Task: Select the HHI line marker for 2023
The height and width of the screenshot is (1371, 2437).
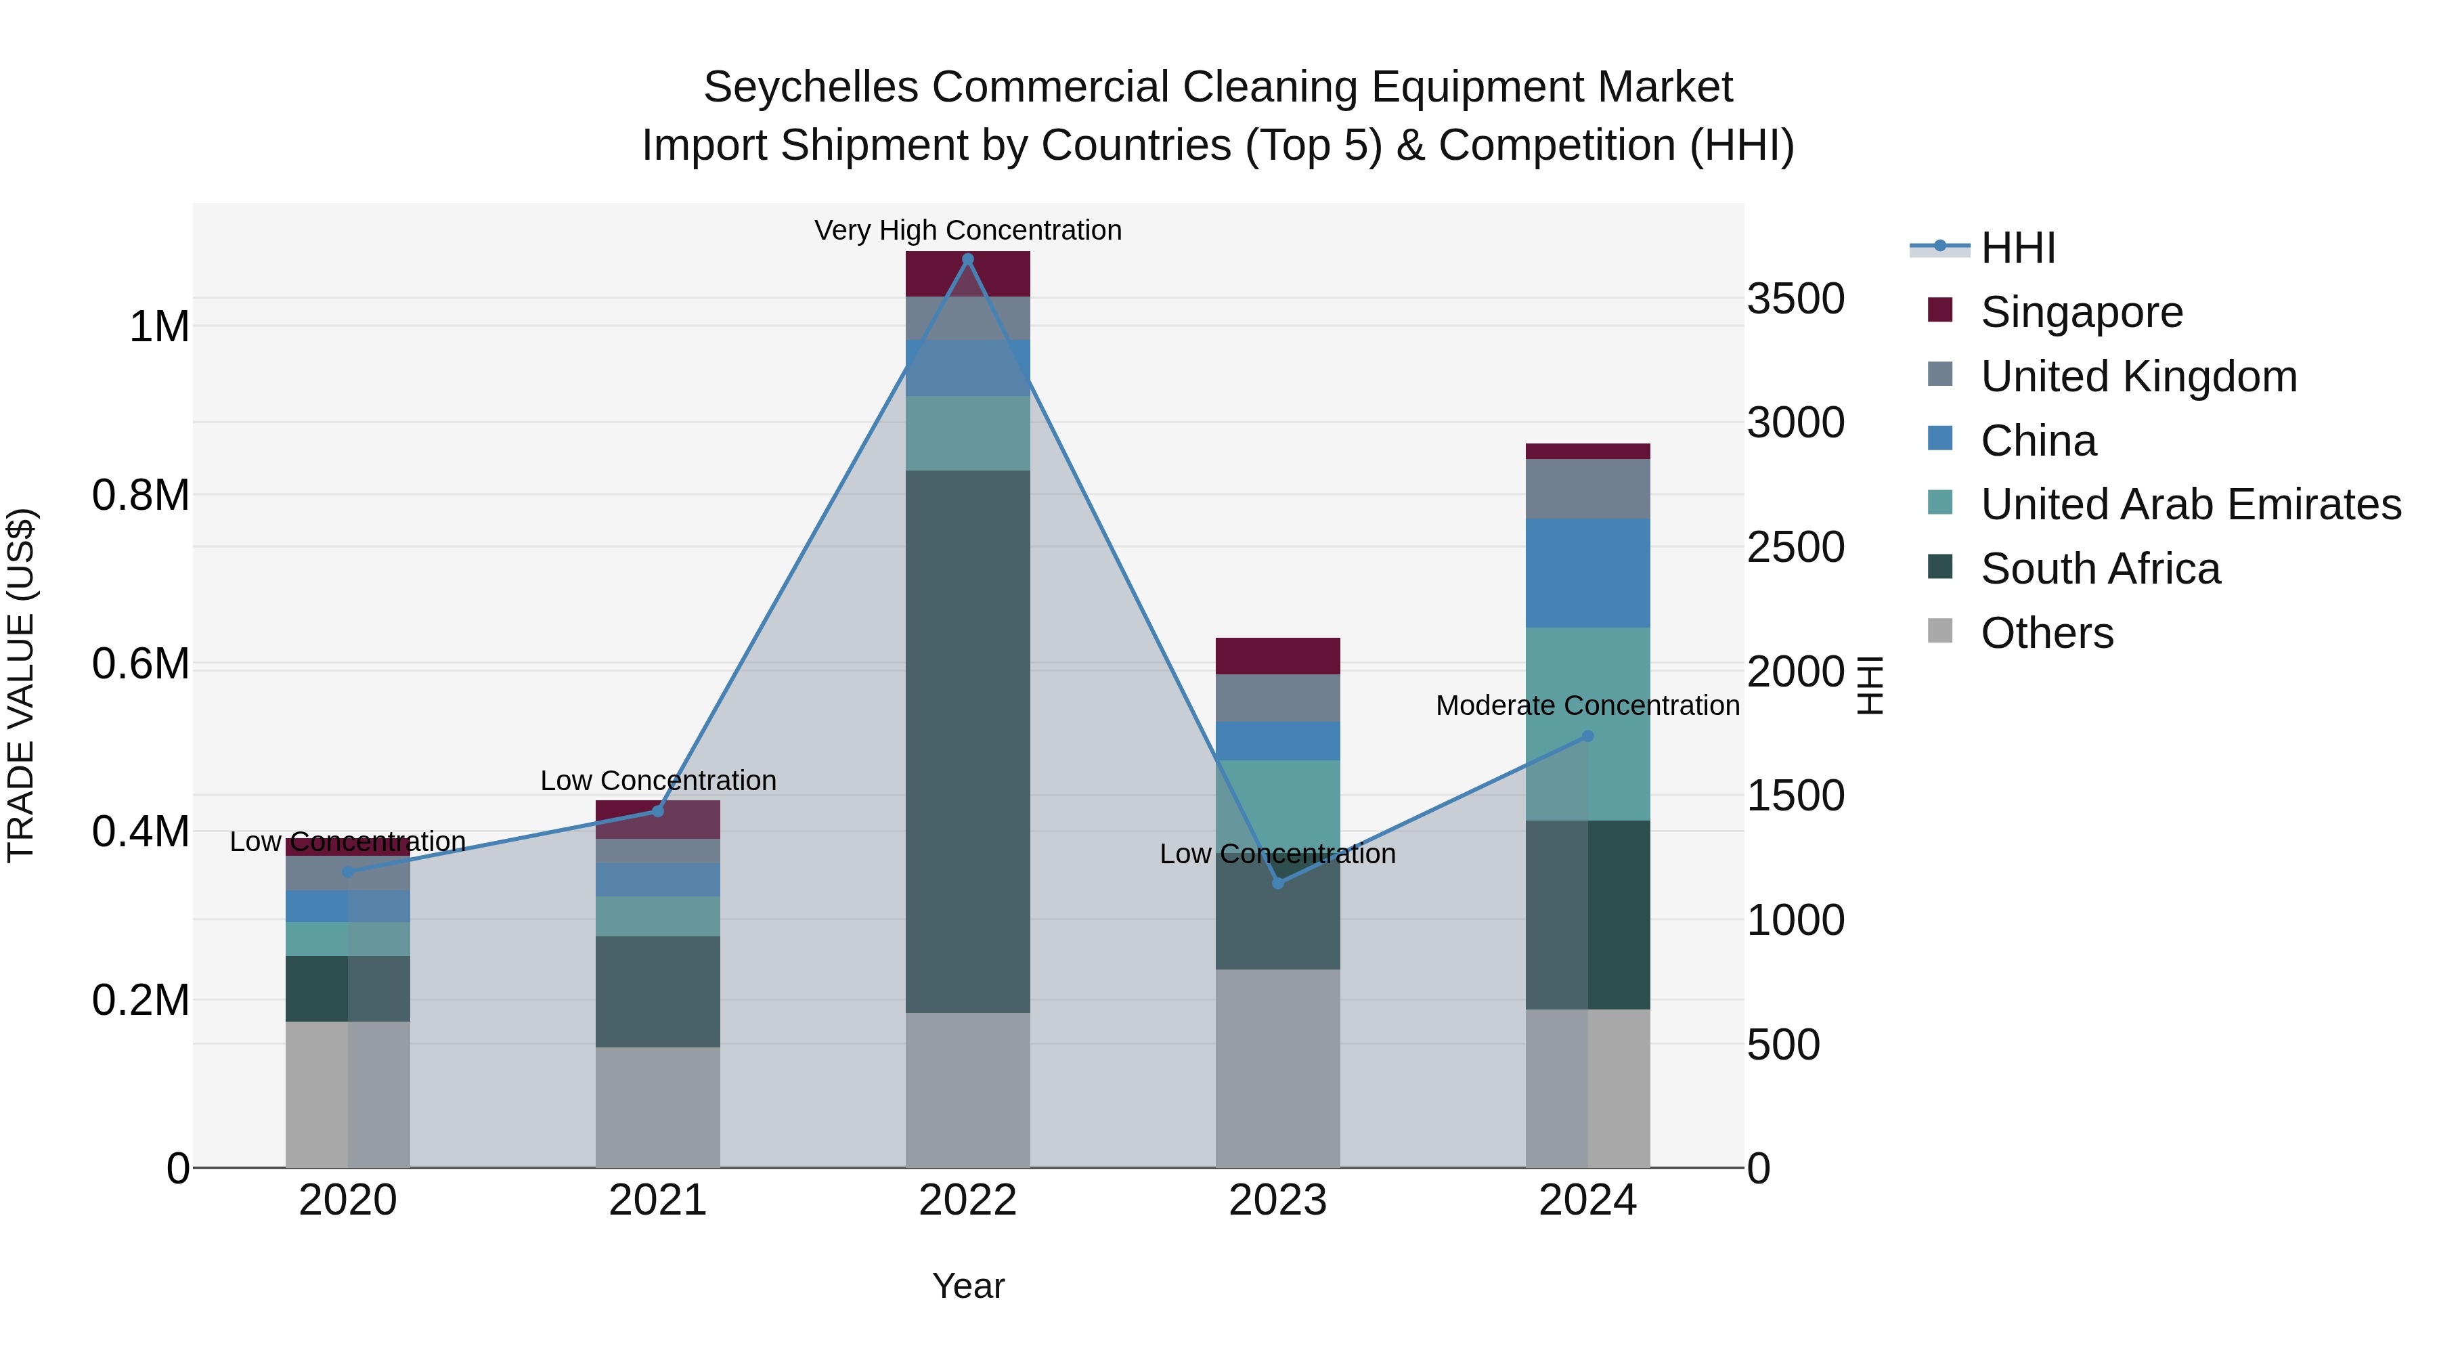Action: pos(1277,883)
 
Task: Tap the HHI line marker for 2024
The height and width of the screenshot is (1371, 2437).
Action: pos(1587,736)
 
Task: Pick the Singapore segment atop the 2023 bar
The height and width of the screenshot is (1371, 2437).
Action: pos(1277,655)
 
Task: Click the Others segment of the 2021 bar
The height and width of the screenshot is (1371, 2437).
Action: pos(657,1106)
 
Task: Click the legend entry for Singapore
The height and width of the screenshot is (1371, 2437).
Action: pos(2082,312)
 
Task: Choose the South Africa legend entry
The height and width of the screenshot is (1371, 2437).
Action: pos(2099,569)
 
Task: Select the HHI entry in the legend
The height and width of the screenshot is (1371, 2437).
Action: pos(2017,248)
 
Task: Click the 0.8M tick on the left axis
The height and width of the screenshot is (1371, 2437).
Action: pos(141,496)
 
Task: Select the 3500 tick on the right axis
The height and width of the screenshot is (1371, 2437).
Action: pos(1795,299)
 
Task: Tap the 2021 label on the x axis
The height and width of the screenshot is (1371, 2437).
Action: pos(657,1200)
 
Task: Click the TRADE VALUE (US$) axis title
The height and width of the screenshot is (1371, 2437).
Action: pos(21,685)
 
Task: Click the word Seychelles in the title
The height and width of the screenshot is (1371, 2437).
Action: pos(811,87)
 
